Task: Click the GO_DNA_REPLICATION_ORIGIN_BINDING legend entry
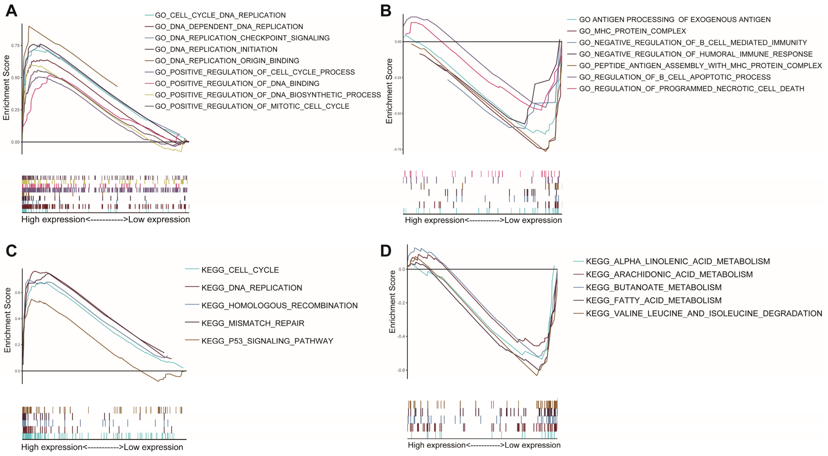pyautogui.click(x=227, y=61)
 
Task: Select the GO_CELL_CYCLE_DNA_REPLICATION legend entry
pyautogui.click(x=220, y=15)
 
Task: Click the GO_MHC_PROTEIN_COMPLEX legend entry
pyautogui.click(x=632, y=31)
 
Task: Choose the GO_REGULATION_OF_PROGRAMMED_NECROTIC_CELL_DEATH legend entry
pyautogui.click(x=691, y=89)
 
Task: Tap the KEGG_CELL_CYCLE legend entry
pyautogui.click(x=240, y=270)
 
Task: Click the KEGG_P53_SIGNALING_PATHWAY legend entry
pyautogui.click(x=267, y=341)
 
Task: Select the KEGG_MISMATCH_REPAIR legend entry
pyautogui.click(x=253, y=323)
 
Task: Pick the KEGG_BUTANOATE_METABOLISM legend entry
pyautogui.click(x=653, y=287)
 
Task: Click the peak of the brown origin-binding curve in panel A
pyautogui.click(x=29, y=26)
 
